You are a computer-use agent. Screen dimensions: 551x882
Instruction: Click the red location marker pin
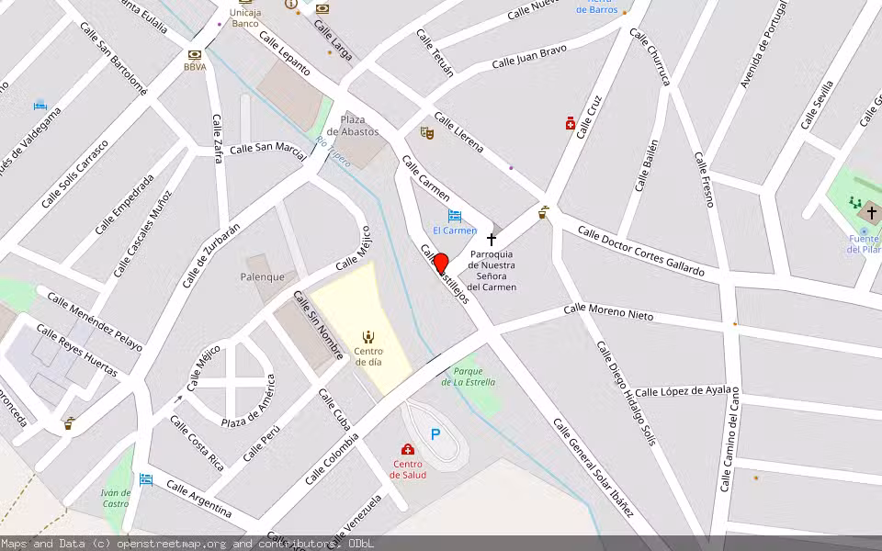[x=440, y=264]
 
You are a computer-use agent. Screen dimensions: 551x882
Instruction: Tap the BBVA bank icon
[x=194, y=55]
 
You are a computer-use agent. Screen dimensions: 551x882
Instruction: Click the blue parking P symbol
[x=435, y=434]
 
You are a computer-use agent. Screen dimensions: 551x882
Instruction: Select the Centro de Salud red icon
[x=408, y=449]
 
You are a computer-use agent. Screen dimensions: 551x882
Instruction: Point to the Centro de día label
[x=368, y=355]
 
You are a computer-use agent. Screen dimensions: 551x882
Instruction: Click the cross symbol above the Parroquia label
[x=492, y=239]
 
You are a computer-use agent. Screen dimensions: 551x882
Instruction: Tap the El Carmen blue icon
[x=454, y=216]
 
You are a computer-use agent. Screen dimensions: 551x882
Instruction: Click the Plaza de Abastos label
[x=353, y=126]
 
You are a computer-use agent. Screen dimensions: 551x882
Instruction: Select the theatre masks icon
[x=426, y=133]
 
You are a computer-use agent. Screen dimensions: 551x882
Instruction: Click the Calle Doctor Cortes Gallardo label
[x=640, y=251]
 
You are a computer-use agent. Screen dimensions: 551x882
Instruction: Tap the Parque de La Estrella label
[x=469, y=377]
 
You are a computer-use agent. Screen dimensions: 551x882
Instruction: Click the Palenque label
[x=263, y=276]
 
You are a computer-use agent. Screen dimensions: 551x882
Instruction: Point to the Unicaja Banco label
[x=244, y=18]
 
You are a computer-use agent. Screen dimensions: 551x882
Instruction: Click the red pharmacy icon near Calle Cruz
[x=571, y=123]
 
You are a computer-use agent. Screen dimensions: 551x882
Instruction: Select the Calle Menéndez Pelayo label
[x=95, y=321]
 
